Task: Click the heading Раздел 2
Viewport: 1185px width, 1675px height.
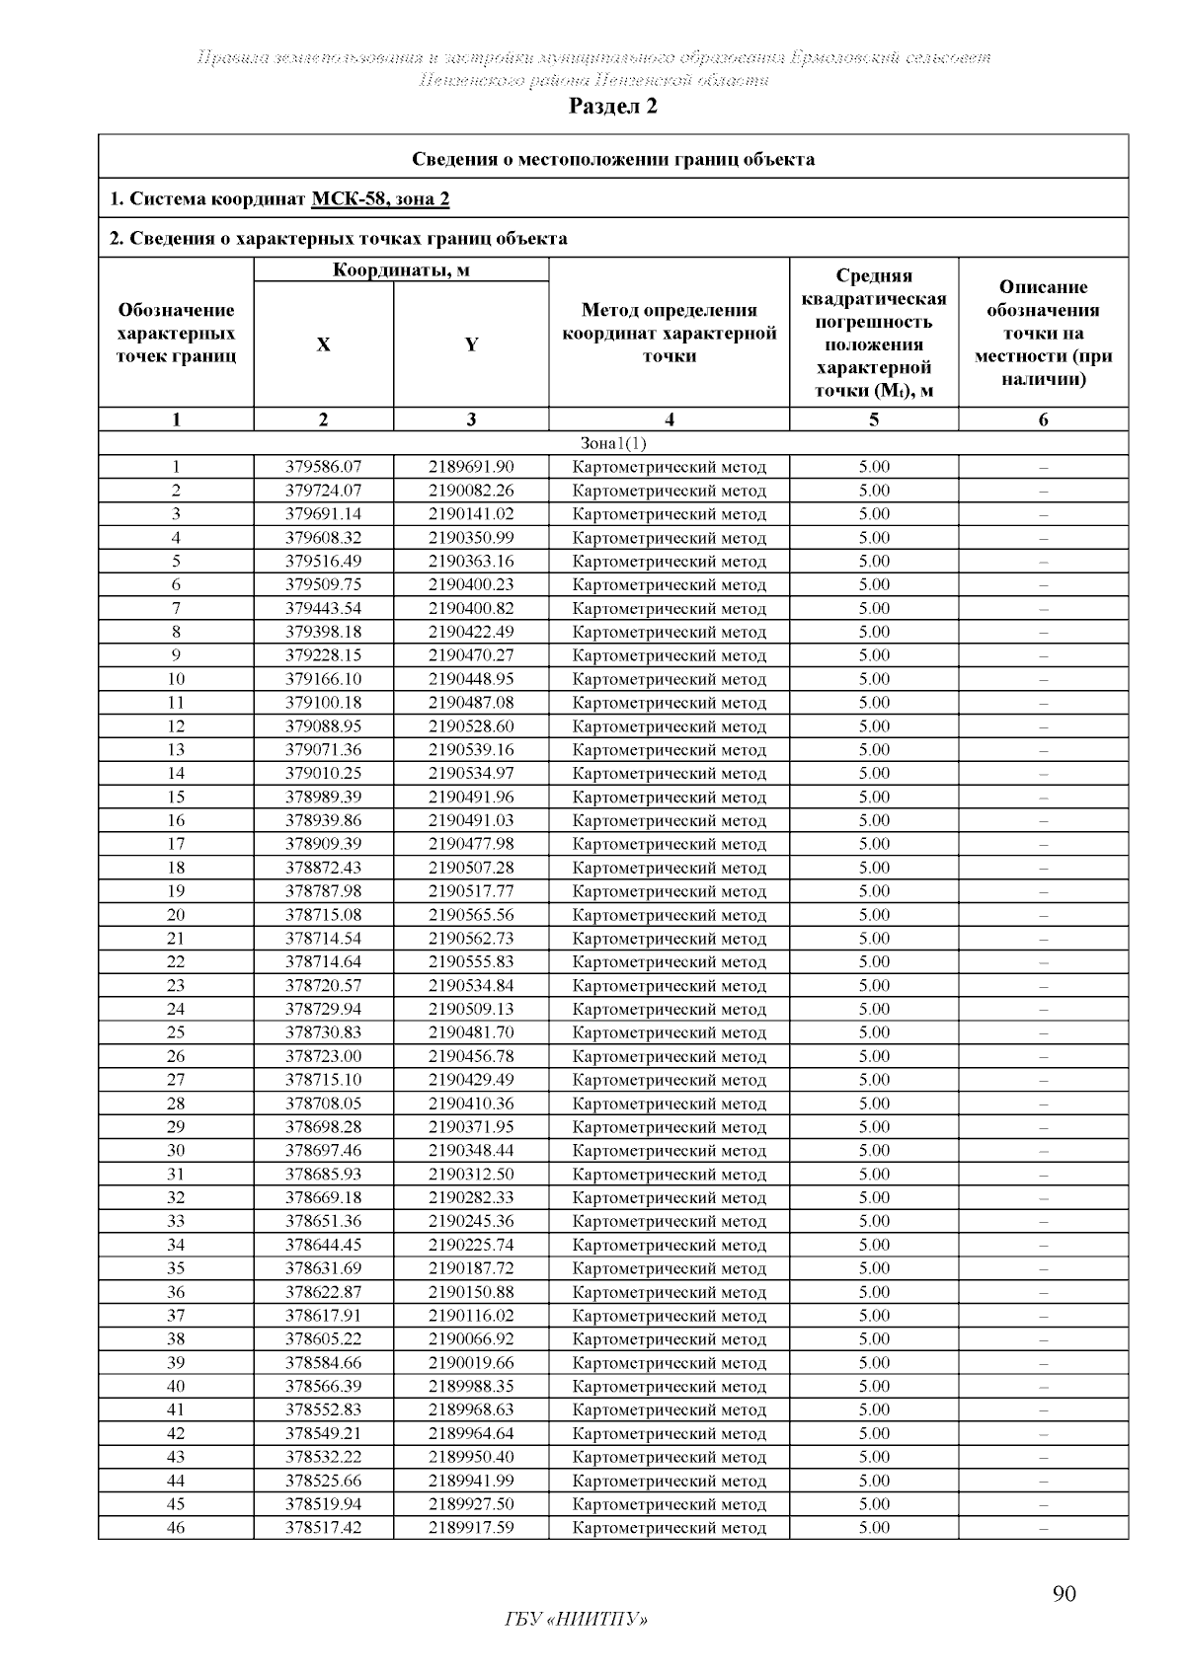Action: pyautogui.click(x=612, y=107)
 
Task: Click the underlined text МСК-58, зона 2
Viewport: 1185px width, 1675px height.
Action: pyautogui.click(x=380, y=199)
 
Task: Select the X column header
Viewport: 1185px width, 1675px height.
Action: pyautogui.click(x=323, y=344)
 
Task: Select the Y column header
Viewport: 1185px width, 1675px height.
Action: pyautogui.click(x=471, y=344)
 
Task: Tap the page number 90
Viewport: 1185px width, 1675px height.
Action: pyautogui.click(x=1064, y=1593)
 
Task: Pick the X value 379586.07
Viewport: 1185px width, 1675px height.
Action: pyautogui.click(x=323, y=467)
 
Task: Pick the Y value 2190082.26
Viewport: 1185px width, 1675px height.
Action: pyautogui.click(x=471, y=491)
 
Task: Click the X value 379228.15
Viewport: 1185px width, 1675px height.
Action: pyautogui.click(x=323, y=655)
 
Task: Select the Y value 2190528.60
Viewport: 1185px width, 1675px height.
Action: pyautogui.click(x=471, y=726)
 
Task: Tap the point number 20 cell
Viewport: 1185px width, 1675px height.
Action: pyautogui.click(x=176, y=915)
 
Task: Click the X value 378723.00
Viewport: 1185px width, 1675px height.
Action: pyautogui.click(x=323, y=1056)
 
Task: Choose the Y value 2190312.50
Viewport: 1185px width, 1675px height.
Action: pyautogui.click(x=471, y=1174)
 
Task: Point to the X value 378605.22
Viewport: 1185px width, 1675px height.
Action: pyautogui.click(x=323, y=1339)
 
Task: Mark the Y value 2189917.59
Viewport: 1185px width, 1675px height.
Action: pyautogui.click(x=471, y=1528)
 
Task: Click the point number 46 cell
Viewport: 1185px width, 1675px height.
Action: pyautogui.click(x=176, y=1528)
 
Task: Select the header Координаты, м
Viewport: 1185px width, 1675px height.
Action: pyautogui.click(x=401, y=269)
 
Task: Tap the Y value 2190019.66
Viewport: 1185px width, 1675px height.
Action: pyautogui.click(x=471, y=1363)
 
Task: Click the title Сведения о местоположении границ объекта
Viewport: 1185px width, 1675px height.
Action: pyautogui.click(x=612, y=159)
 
